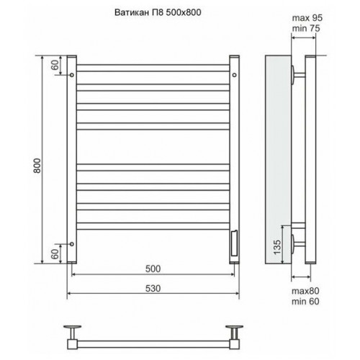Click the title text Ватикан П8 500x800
coord(158,12)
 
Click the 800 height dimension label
coord(37,166)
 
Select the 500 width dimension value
coord(153,269)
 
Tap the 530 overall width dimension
coord(153,289)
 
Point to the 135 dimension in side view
coord(276,247)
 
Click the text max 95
coord(307,18)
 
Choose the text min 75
coord(306,28)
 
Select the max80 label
coord(305,291)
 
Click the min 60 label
coord(305,301)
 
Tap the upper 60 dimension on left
coord(55,65)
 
